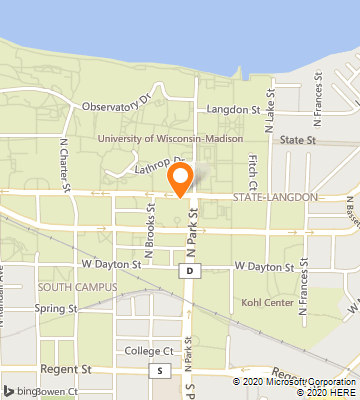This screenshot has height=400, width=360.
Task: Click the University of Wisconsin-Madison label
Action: point(183,139)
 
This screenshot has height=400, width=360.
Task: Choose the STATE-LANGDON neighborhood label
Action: point(281,198)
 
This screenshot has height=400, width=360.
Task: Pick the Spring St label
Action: point(55,309)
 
